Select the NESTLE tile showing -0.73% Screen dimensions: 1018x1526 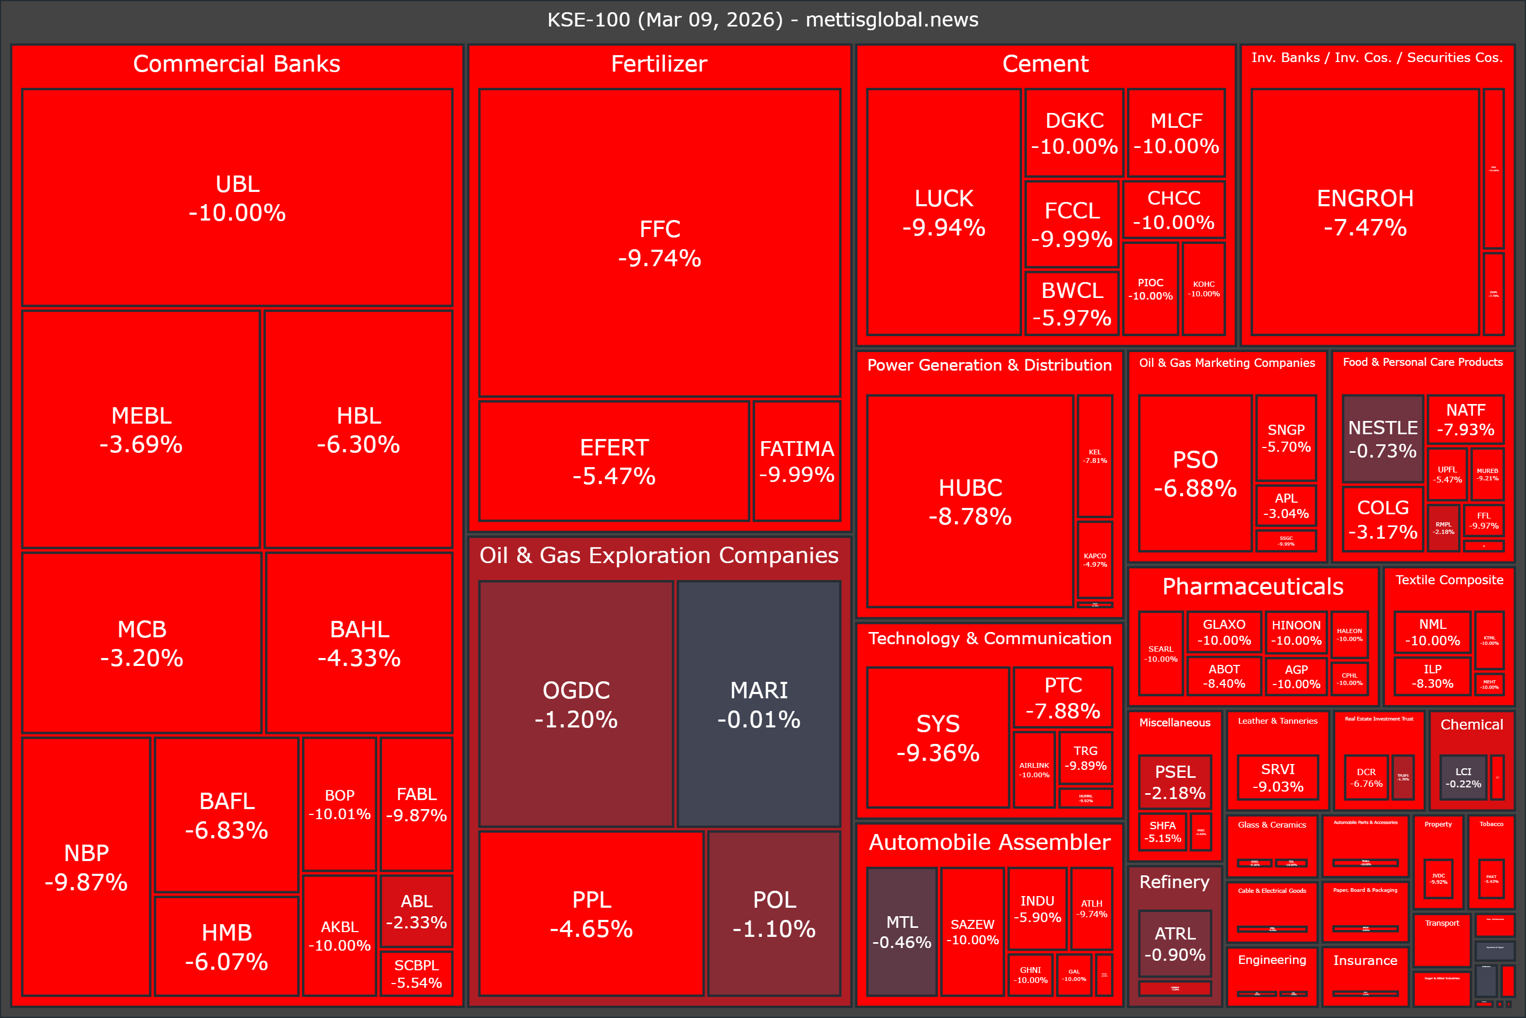[1382, 439]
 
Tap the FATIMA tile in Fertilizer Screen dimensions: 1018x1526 [797, 461]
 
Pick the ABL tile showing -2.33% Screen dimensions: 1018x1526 [416, 911]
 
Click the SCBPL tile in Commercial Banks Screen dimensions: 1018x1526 [416, 973]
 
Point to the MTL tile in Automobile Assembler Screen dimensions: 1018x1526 [901, 931]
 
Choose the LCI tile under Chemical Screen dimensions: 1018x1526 [1462, 777]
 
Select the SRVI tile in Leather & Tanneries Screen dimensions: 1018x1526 [1277, 777]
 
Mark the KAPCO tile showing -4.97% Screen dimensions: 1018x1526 [1095, 560]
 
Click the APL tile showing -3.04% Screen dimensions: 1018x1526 [1285, 505]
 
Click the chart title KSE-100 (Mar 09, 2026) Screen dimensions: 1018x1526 [762, 20]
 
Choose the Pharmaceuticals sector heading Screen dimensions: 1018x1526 [1252, 586]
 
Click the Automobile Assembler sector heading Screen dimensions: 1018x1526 [989, 842]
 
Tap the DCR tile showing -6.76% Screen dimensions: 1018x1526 [1366, 777]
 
